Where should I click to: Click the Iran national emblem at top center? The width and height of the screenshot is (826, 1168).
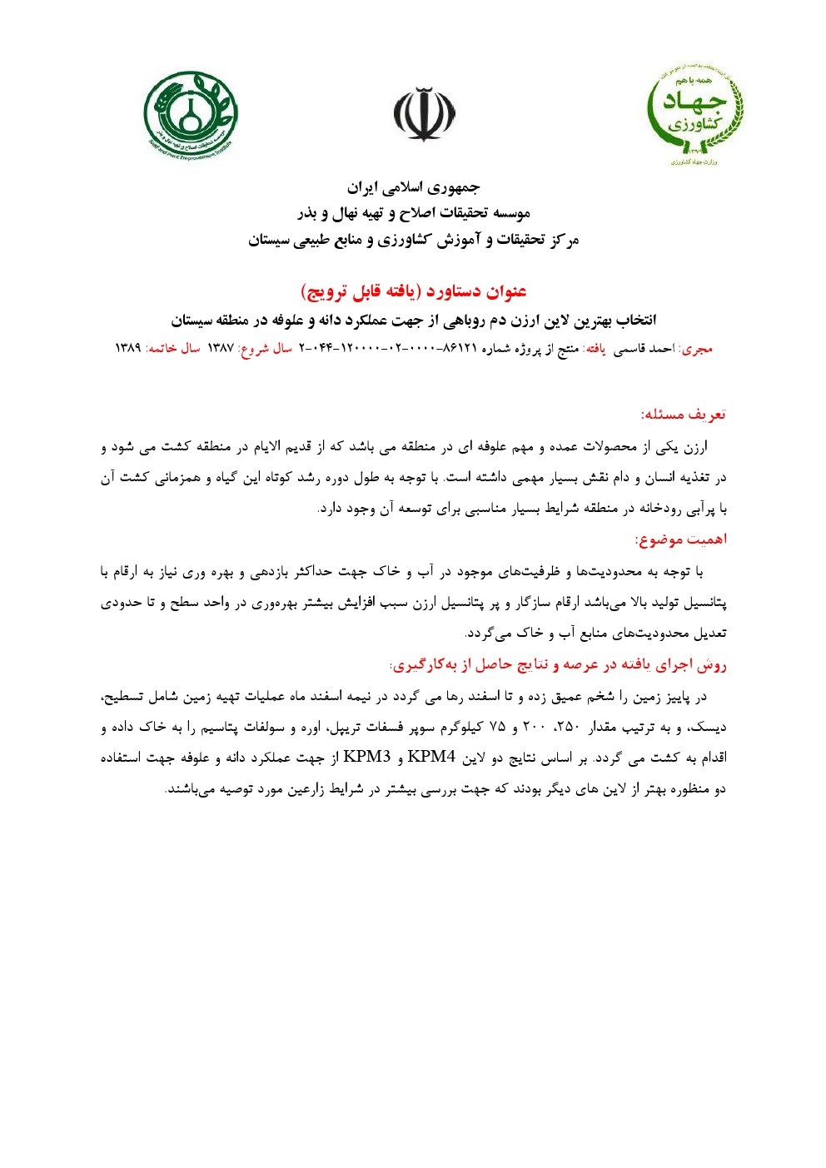tap(425, 114)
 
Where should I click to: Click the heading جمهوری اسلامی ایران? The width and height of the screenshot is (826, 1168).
tap(413, 186)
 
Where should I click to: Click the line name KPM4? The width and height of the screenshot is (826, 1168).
tap(427, 757)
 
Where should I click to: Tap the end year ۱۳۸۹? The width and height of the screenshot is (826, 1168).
tap(127, 348)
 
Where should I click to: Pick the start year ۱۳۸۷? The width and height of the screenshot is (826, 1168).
tap(221, 348)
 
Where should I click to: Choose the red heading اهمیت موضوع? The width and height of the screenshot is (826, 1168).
tap(680, 539)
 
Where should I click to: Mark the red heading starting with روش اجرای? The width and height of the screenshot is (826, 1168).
tap(559, 664)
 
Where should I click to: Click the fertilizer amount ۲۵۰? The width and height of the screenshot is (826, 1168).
tap(567, 727)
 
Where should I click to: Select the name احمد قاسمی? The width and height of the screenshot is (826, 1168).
tap(646, 348)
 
